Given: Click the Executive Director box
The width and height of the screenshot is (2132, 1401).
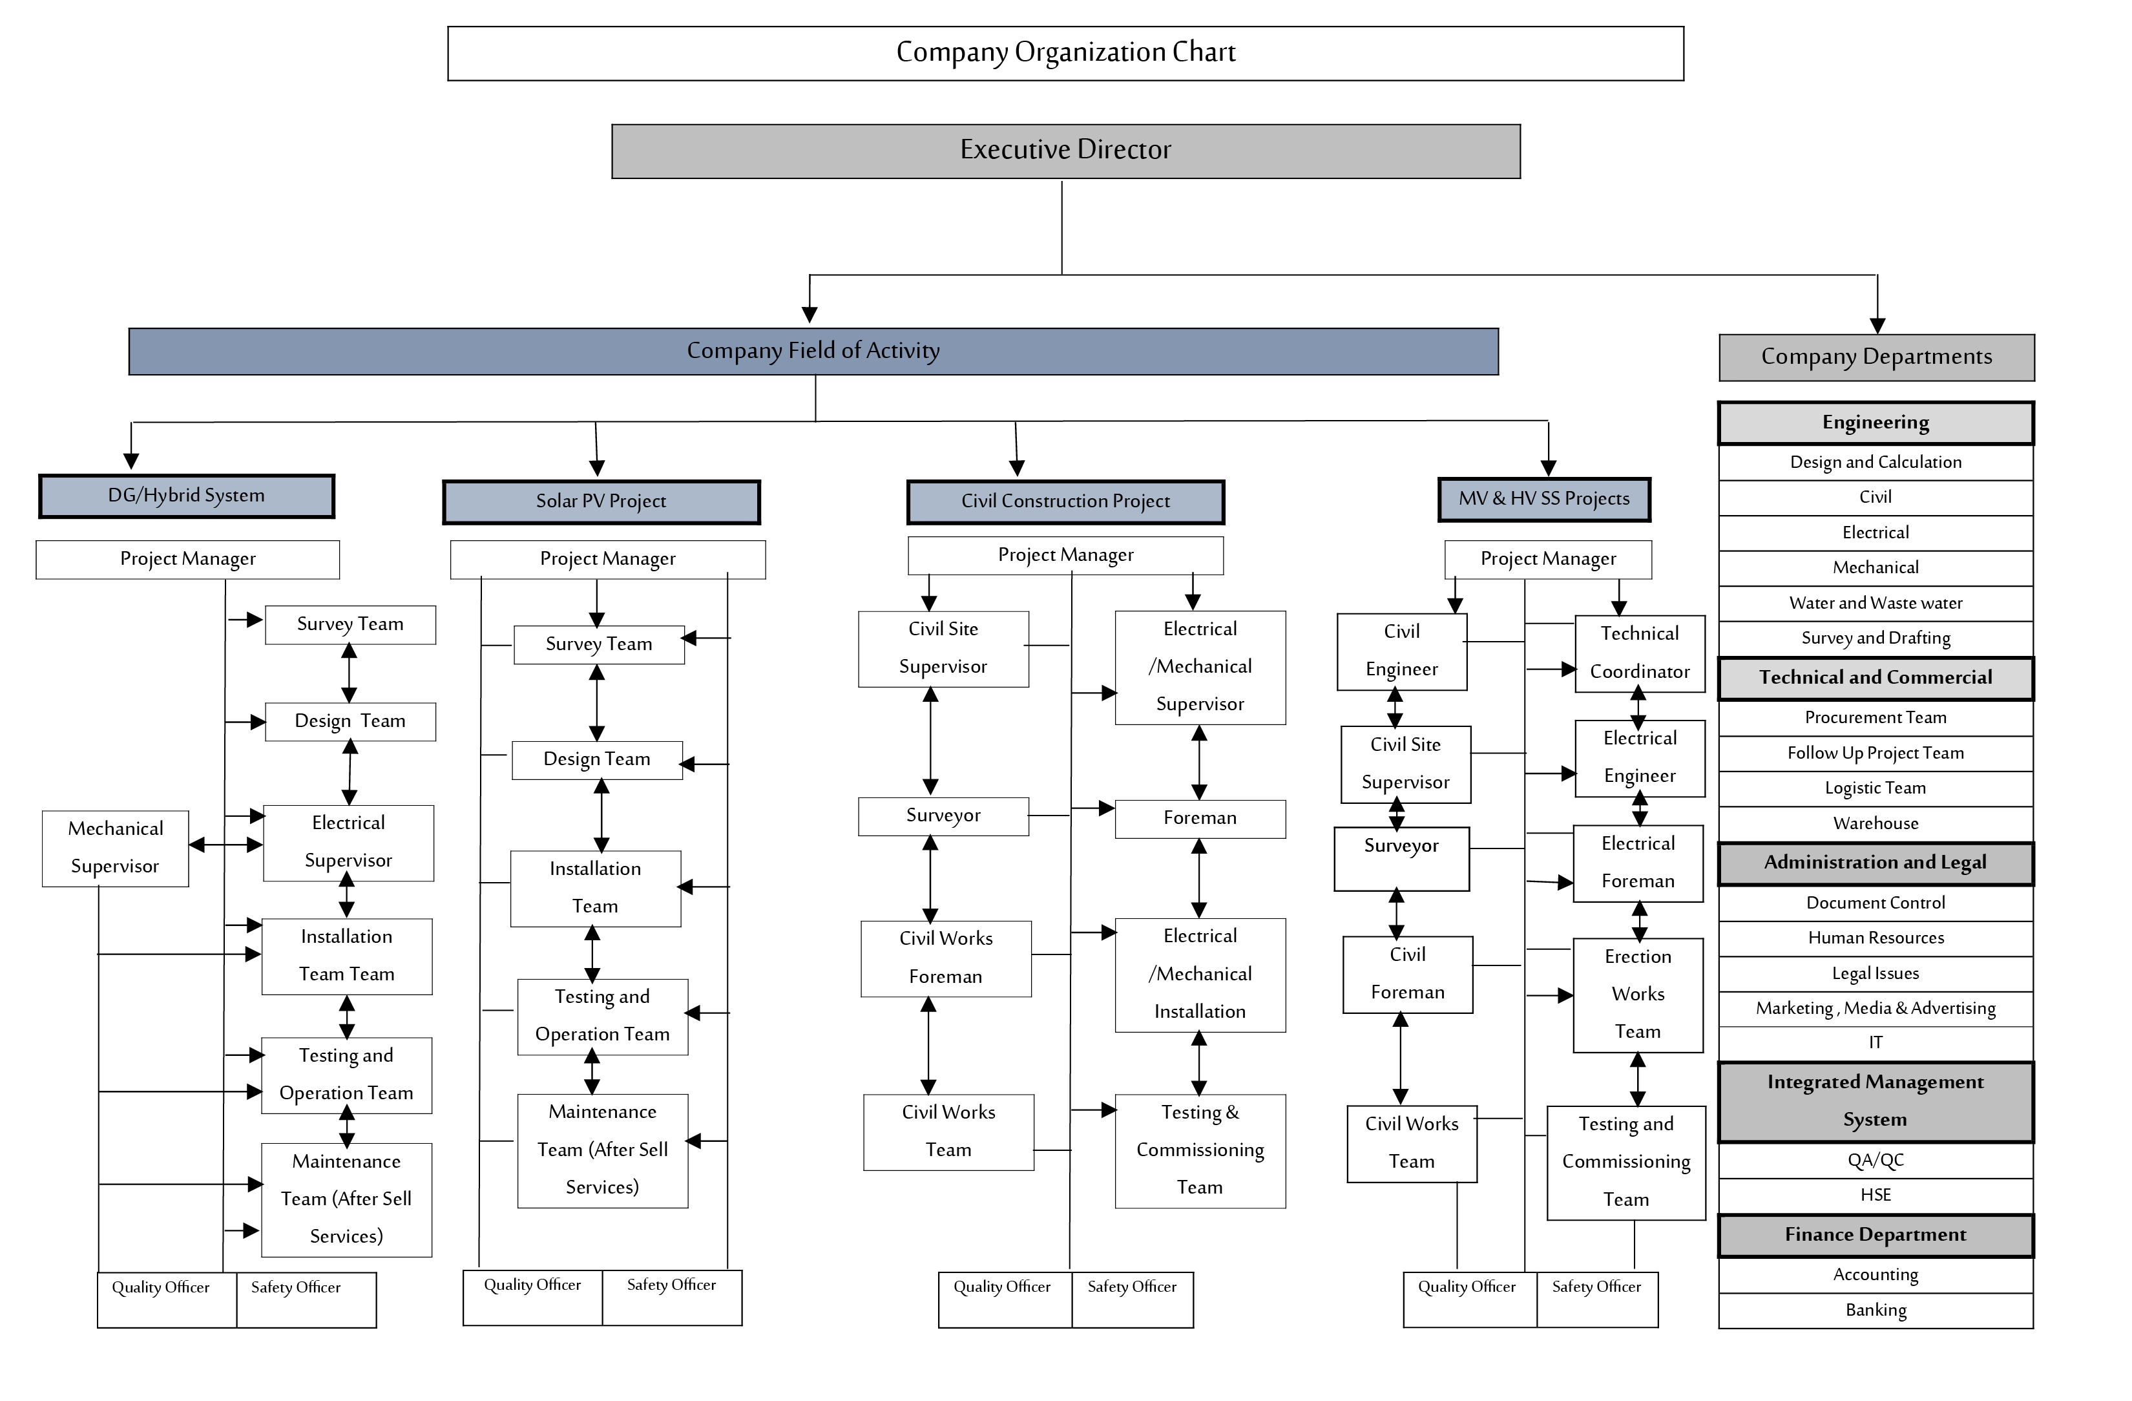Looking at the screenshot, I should (1065, 151).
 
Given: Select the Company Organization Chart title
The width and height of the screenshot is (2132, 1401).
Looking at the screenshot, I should (1065, 53).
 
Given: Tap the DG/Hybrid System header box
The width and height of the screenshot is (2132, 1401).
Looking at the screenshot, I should (186, 496).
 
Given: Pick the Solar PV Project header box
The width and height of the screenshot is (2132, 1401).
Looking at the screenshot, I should (601, 501).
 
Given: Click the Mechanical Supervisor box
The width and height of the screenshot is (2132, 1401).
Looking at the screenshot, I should (116, 847).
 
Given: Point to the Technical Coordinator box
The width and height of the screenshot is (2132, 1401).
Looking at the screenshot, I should (1639, 653).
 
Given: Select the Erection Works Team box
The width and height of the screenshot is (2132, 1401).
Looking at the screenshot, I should (1638, 995).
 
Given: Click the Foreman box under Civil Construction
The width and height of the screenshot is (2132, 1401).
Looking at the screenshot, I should (1200, 818).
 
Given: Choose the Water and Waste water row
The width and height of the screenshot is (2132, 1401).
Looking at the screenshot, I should (1875, 603).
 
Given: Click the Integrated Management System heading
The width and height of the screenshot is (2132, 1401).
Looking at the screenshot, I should (1875, 1101).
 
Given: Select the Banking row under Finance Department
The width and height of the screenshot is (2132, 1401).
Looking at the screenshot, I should (1875, 1311).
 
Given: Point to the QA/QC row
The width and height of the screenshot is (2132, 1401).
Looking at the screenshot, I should (1875, 1160).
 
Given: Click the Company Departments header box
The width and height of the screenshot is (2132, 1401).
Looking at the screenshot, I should (1876, 357).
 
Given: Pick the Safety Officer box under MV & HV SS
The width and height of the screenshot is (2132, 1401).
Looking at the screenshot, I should (1596, 1298).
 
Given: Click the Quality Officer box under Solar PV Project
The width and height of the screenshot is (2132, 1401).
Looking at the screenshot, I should (532, 1296).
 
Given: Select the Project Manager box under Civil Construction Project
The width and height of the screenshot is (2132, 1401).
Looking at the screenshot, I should (1065, 555).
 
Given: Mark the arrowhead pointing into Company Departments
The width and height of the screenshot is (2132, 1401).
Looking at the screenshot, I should (1877, 326).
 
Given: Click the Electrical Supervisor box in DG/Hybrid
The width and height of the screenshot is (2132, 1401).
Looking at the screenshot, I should (348, 842).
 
